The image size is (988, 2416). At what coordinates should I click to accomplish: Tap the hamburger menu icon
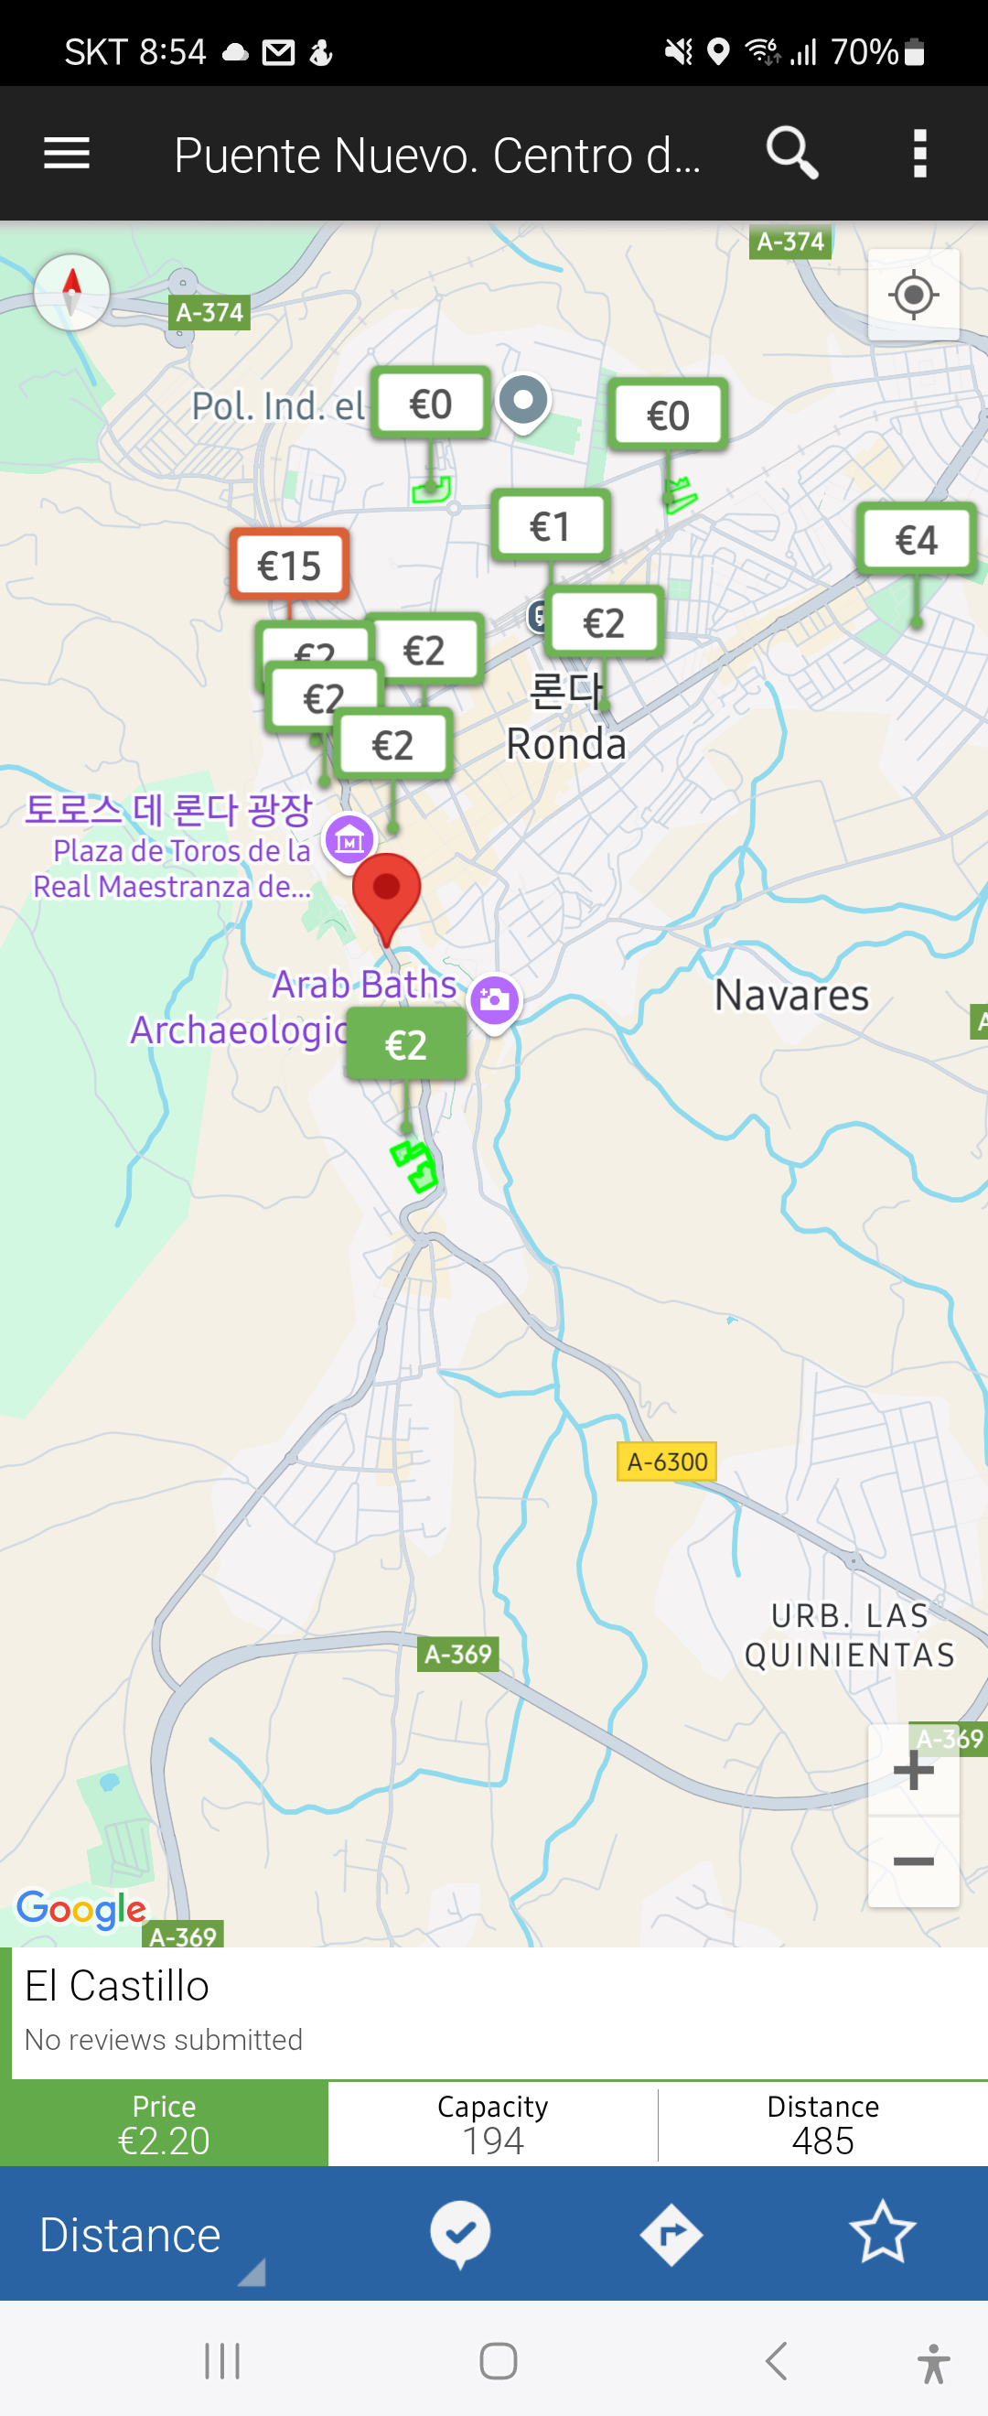[x=67, y=153]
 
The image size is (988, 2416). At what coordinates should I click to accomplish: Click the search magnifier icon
[x=792, y=153]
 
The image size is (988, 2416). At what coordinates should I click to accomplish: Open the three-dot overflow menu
[x=919, y=153]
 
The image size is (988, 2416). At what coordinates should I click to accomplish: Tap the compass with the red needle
[x=72, y=292]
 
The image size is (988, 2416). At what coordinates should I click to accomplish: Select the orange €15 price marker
[x=290, y=565]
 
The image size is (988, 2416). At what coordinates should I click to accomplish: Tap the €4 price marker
[x=916, y=539]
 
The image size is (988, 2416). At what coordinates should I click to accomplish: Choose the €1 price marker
[x=550, y=526]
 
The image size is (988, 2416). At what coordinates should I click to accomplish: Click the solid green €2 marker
[x=406, y=1044]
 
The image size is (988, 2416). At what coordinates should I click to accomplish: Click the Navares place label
[x=791, y=995]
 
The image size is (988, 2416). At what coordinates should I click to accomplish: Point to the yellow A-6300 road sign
[x=667, y=1461]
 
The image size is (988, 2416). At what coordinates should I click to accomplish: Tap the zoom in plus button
[x=913, y=1771]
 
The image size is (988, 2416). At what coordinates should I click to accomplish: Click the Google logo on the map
[x=82, y=1909]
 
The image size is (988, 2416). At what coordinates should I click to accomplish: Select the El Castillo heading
[x=117, y=1987]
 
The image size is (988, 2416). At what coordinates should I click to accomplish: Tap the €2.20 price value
[x=164, y=2141]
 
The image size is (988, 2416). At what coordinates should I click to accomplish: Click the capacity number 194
[x=493, y=2141]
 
